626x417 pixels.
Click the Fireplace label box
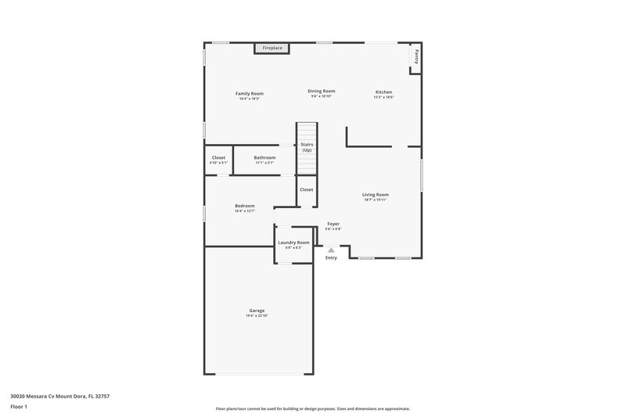coord(272,49)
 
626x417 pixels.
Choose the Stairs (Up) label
coord(307,146)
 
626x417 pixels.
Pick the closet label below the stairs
coord(306,189)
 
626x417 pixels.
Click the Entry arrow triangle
coord(331,250)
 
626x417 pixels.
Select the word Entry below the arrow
coord(331,257)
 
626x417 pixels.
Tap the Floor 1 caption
coord(18,408)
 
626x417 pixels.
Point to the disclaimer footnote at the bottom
coord(312,408)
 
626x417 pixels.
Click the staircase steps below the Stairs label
coord(307,164)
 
